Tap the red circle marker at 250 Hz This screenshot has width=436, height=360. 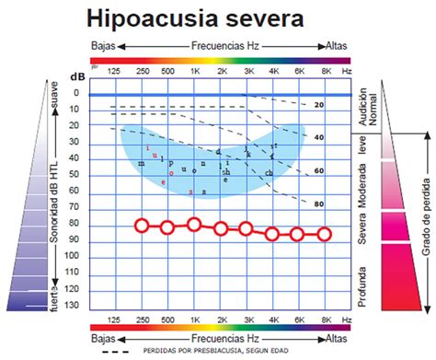coord(141,226)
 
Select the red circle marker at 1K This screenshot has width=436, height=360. coord(194,224)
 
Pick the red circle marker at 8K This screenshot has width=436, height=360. coord(324,234)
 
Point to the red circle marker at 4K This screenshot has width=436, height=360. coord(272,234)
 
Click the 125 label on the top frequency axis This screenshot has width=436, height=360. coord(114,71)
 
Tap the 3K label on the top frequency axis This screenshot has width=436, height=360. coord(247,71)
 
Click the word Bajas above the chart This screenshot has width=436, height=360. coord(102,44)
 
